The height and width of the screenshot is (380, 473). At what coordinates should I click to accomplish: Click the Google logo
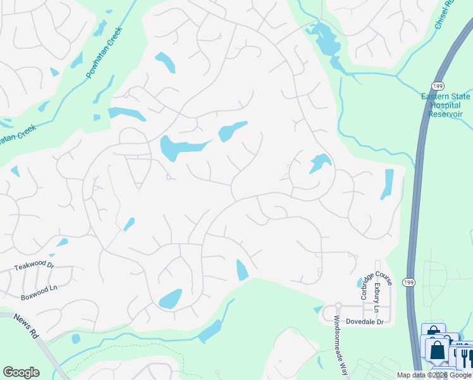pos(21,372)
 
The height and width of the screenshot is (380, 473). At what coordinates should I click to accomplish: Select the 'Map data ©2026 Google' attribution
pos(434,375)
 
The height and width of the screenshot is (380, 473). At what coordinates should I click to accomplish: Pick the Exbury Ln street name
pos(377,297)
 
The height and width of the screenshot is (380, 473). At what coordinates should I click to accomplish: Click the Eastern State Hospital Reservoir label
pos(446,105)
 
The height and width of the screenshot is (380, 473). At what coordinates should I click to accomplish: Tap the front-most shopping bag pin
pos(436,350)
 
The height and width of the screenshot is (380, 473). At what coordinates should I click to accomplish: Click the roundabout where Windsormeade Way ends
pos(338,306)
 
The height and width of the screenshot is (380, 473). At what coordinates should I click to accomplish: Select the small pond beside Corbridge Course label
pos(359,282)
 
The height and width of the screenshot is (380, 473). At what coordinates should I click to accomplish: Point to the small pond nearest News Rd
pos(77,339)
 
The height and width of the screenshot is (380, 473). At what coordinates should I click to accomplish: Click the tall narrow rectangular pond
pos(387,184)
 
